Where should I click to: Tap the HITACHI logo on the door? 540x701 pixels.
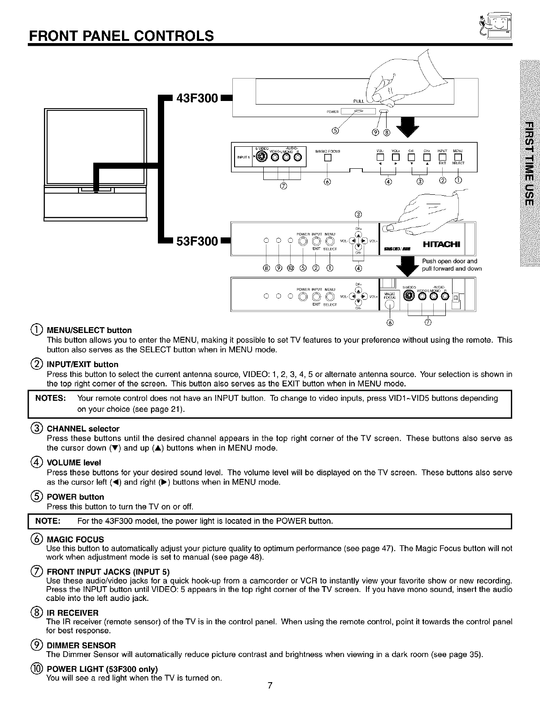[442, 244]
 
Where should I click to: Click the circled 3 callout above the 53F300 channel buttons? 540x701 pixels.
[357, 214]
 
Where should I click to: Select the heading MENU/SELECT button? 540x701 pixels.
[89, 330]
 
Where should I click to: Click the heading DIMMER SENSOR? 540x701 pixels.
[81, 645]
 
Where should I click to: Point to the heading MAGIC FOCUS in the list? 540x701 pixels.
[75, 539]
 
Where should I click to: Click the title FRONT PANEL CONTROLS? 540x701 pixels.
[121, 35]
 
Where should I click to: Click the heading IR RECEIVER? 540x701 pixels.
[72, 613]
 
